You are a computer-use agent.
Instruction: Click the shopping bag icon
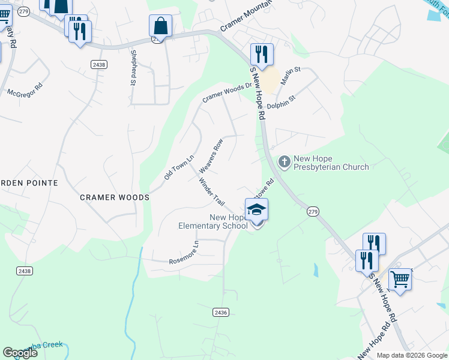(x=160, y=26)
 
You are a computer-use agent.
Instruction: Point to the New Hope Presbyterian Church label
(x=330, y=163)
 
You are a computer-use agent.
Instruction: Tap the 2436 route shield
(x=220, y=312)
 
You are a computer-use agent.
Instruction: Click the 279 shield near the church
(x=312, y=211)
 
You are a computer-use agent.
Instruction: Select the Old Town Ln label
(x=179, y=167)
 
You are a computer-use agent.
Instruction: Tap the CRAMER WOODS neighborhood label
(x=115, y=197)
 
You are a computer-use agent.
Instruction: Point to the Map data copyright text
(x=411, y=355)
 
